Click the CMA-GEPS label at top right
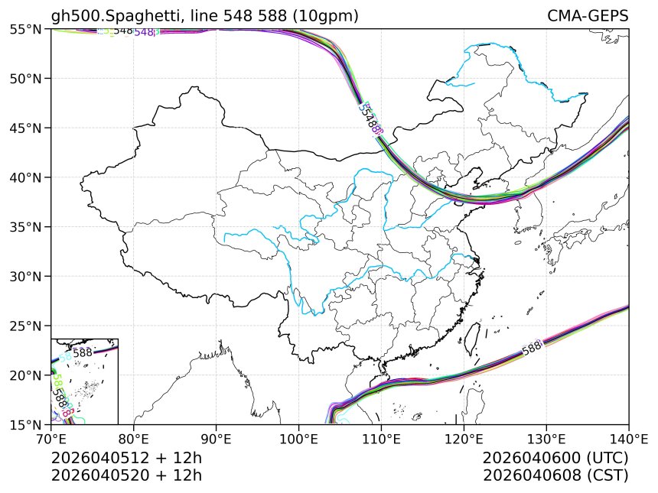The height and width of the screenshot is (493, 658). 588,16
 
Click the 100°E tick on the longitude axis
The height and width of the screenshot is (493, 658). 298,439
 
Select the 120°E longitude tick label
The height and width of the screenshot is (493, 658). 464,439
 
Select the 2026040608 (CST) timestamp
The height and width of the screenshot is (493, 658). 555,475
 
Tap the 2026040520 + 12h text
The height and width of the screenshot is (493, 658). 126,475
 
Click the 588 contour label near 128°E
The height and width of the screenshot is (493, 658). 532,349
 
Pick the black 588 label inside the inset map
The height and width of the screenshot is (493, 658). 83,352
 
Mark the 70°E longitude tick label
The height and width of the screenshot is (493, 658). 51,439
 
